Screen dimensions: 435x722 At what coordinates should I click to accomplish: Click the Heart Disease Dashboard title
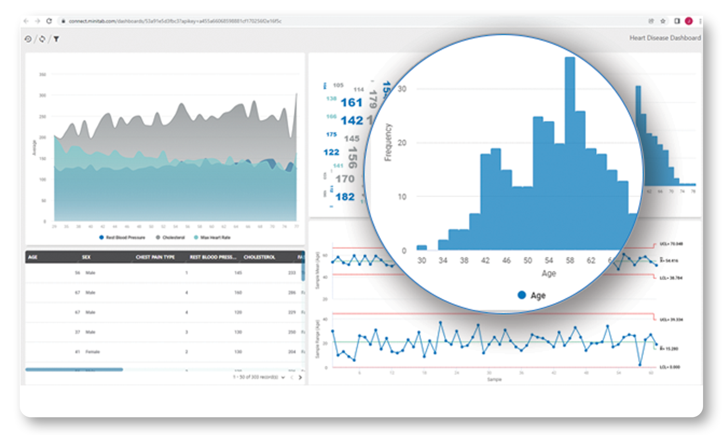point(665,38)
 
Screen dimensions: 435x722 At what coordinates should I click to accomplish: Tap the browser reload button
point(49,21)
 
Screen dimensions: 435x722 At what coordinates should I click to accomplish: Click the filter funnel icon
point(56,39)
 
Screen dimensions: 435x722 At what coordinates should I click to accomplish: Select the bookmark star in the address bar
point(663,21)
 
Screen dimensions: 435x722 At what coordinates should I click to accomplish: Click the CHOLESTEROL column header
point(259,257)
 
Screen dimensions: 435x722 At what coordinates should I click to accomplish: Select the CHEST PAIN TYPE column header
point(155,257)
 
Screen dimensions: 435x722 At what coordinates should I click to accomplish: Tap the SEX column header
point(86,257)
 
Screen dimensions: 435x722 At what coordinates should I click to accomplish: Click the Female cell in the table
point(92,352)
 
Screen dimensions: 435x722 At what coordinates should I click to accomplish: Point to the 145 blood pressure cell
point(238,273)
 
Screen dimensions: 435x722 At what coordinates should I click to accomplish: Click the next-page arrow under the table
point(300,377)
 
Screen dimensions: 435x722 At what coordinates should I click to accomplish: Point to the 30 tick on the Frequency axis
point(402,89)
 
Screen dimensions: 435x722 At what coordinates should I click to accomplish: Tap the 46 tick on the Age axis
point(506,261)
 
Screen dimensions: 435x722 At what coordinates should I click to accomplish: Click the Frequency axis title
point(388,142)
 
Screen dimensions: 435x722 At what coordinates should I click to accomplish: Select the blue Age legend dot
point(522,295)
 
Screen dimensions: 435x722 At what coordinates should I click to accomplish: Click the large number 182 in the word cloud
point(345,197)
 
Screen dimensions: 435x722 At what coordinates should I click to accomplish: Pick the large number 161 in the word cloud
point(352,103)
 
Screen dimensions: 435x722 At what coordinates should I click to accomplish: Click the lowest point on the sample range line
point(640,365)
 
